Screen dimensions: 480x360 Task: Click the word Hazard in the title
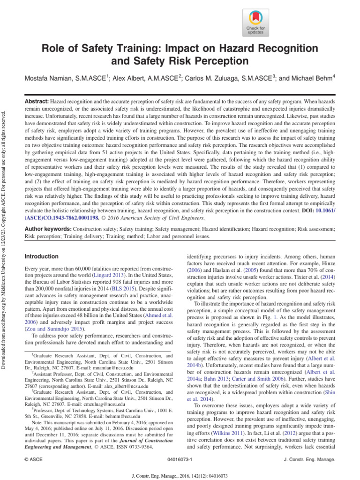click(x=222, y=48)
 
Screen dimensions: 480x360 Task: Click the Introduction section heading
click(x=41, y=257)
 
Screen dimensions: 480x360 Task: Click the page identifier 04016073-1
click(x=180, y=461)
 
